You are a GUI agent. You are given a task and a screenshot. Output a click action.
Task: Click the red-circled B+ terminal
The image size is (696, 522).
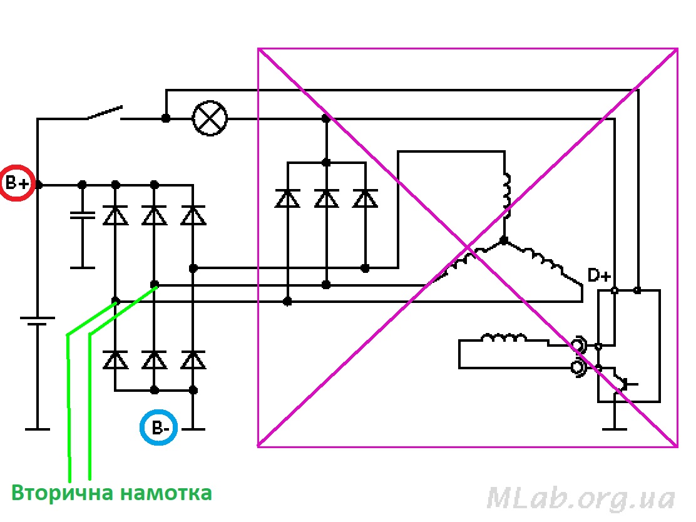pyautogui.click(x=17, y=183)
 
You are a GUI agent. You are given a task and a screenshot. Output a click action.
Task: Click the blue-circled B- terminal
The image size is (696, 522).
pyautogui.click(x=159, y=429)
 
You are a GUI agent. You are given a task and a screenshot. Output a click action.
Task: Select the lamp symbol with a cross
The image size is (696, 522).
pyautogui.click(x=210, y=118)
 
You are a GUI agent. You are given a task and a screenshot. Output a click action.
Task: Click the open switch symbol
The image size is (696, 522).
pyautogui.click(x=104, y=113)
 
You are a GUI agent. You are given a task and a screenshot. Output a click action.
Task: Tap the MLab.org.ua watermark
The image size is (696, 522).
pyautogui.click(x=581, y=499)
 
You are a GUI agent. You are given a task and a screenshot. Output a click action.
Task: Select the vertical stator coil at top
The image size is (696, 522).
pyautogui.click(x=506, y=191)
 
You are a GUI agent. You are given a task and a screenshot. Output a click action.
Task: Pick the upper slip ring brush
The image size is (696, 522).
pyautogui.click(x=576, y=345)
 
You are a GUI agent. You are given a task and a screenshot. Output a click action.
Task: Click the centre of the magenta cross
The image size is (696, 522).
pyautogui.click(x=468, y=247)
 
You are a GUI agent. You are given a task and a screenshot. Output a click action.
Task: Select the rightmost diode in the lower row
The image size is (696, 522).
pyautogui.click(x=193, y=360)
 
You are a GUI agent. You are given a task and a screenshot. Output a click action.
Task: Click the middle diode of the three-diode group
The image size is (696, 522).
pyautogui.click(x=326, y=198)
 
